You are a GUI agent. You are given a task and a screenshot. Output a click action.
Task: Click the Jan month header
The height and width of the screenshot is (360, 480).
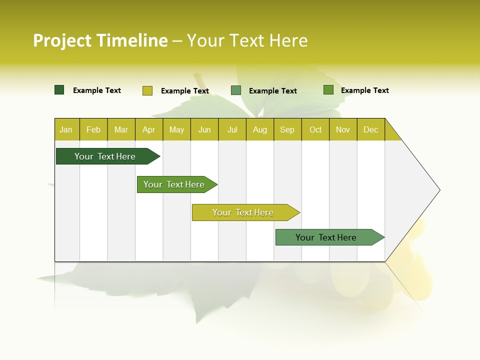(x=66, y=130)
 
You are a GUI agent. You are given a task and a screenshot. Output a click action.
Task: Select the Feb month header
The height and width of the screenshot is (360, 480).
(x=93, y=130)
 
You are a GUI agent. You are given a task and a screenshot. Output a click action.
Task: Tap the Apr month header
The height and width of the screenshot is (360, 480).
(x=148, y=130)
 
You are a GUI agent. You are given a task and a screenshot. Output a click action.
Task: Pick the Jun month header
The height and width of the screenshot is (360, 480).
(x=204, y=130)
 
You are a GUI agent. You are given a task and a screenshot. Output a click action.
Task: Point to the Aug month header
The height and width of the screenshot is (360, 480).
(x=259, y=130)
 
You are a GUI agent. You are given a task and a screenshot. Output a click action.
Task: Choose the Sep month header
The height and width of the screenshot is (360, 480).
(x=287, y=130)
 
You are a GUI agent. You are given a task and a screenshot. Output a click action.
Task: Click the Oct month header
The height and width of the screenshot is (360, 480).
(x=315, y=130)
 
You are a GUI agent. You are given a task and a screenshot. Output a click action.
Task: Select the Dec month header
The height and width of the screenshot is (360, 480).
(x=370, y=130)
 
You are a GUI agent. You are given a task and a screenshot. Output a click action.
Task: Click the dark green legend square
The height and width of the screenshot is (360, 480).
(x=59, y=90)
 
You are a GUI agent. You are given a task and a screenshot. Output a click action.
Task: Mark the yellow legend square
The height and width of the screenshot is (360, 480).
(x=147, y=90)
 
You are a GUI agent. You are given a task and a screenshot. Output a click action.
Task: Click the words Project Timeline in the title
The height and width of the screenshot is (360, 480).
(x=100, y=40)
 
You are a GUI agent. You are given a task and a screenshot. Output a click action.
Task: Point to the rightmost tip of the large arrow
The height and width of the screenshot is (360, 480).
(x=439, y=190)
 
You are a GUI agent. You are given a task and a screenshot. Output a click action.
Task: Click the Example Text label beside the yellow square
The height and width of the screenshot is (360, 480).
(x=185, y=91)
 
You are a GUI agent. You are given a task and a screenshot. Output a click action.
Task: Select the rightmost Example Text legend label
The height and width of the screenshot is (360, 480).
(x=364, y=90)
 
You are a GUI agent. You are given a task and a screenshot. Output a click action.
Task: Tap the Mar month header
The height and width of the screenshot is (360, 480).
(x=121, y=130)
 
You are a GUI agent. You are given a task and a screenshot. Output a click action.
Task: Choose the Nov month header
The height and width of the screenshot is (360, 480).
(x=343, y=130)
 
